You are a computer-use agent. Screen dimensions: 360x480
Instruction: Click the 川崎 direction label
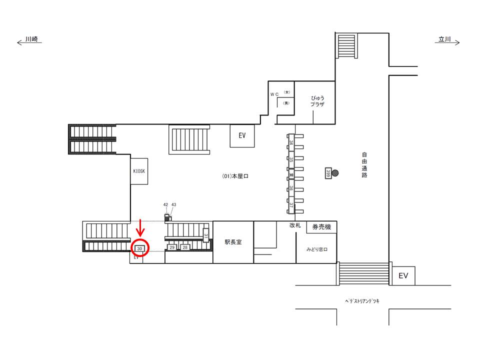point(32,38)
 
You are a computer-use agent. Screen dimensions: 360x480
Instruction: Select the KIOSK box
point(138,171)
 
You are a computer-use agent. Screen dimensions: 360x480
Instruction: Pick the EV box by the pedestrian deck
point(403,275)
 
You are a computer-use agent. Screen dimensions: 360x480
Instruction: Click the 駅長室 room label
point(233,242)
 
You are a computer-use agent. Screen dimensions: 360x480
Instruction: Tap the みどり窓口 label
point(316,248)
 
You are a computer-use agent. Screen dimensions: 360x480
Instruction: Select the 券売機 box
point(321,227)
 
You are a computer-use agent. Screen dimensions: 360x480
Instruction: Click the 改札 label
point(295,225)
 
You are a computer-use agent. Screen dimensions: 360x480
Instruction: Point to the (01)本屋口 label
point(235,176)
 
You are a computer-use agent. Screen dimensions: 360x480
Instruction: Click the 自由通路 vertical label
point(364,165)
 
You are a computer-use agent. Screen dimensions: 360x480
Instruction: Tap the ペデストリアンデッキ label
point(362,301)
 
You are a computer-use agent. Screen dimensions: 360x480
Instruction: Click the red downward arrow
point(140,228)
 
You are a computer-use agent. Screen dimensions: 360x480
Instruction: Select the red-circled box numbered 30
point(140,248)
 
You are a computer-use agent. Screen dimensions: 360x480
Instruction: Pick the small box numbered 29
point(172,247)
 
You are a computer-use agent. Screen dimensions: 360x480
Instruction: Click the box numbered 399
point(328,172)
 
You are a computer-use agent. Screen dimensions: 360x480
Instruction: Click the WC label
point(274,94)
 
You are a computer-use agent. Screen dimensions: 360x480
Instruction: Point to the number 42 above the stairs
point(166,204)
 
